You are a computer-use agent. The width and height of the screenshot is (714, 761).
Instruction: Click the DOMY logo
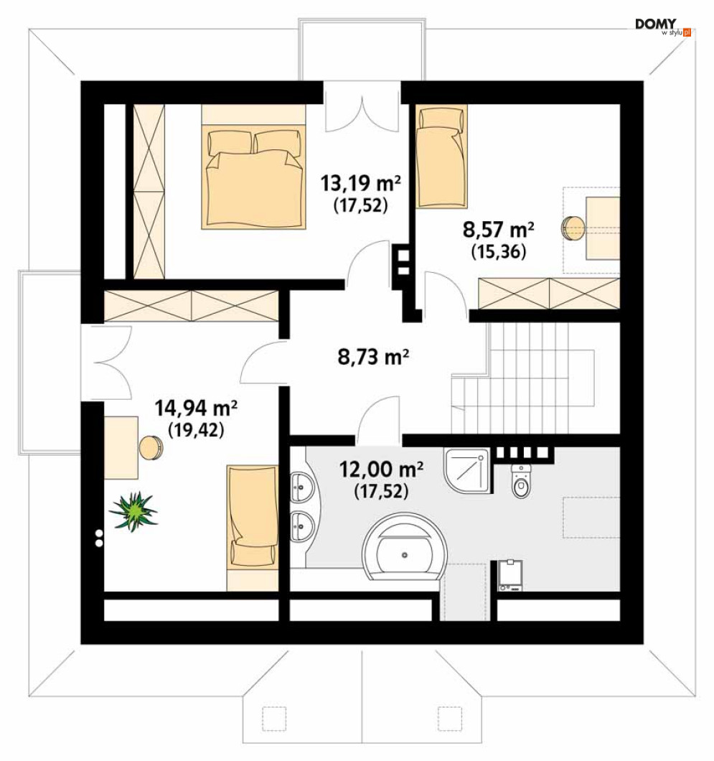[x=663, y=27]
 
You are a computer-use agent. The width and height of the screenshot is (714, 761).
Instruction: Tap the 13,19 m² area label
[x=360, y=184]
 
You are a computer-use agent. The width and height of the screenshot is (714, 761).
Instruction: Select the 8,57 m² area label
[x=499, y=229]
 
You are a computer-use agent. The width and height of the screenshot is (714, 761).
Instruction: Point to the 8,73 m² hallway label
[x=373, y=357]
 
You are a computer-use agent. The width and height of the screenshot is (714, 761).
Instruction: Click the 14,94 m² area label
[x=196, y=408]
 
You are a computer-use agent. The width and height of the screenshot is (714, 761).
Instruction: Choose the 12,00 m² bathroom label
[x=381, y=470]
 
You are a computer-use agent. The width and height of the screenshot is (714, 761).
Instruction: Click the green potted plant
[x=133, y=511]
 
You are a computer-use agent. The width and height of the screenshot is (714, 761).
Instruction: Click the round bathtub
[x=405, y=547]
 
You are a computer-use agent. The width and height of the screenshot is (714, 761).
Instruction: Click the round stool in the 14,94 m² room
[x=151, y=447]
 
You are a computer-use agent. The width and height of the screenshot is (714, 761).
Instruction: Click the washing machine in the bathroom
[x=510, y=576]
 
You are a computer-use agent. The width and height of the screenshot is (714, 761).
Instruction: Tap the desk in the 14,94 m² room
[x=121, y=447]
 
